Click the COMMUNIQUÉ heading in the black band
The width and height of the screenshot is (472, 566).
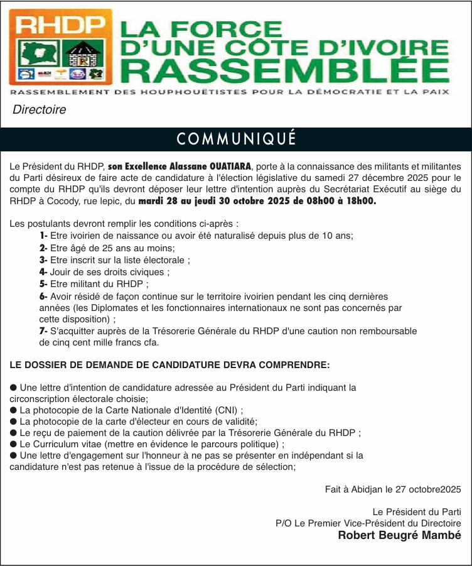(236, 139)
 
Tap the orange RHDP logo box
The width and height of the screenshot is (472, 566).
(60, 48)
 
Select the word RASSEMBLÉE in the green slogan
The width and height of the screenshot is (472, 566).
(284, 70)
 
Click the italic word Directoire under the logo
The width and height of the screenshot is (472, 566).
(39, 110)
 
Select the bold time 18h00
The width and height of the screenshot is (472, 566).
(362, 201)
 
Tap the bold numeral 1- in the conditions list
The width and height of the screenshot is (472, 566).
(43, 236)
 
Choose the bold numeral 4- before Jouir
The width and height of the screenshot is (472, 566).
(43, 272)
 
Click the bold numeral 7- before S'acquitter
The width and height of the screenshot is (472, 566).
(43, 330)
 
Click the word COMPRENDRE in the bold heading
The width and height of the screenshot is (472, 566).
(298, 364)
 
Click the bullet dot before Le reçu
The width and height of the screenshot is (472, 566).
(14, 433)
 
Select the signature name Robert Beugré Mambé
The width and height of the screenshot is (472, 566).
(400, 535)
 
